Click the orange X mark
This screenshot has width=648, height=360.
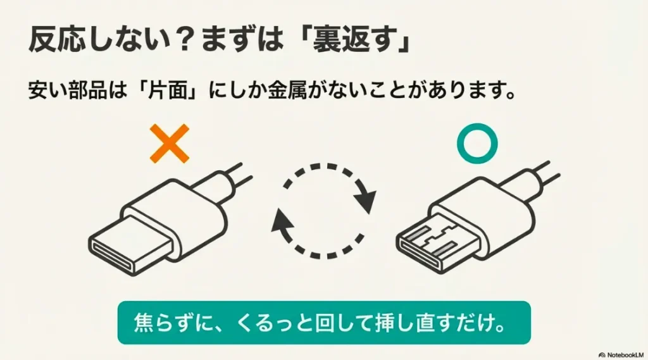coord(168,143)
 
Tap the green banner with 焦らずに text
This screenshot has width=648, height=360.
coord(323,322)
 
